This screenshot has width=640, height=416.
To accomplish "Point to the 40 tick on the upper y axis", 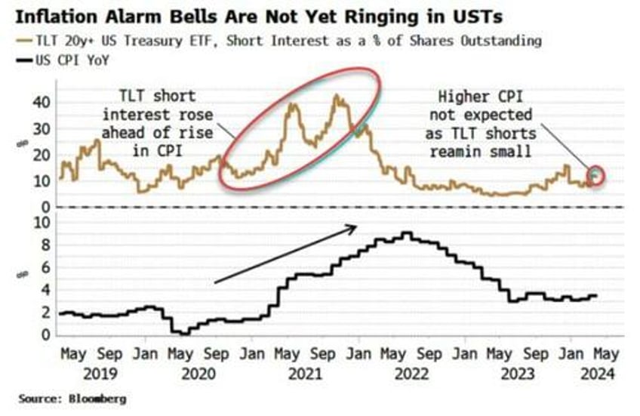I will pos(45,102).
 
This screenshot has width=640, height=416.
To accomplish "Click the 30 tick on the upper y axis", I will pos(45,128).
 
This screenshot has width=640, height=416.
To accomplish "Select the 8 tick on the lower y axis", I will pos(47,245).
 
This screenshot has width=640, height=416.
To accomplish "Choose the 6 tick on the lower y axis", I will pos(47,267).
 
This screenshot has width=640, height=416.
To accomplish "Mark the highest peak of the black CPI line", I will pos(407,233).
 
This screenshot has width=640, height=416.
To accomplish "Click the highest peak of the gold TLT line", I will pos(337,97).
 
